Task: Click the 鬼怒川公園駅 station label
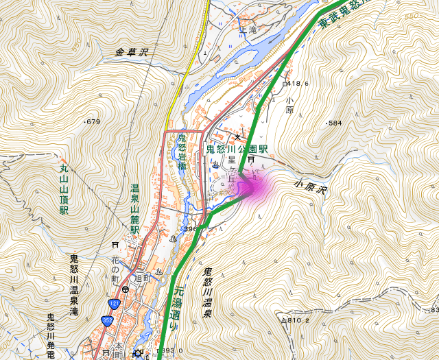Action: click(237, 148)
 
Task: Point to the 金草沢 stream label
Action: click(132, 51)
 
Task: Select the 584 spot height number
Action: click(334, 123)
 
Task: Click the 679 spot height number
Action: click(93, 122)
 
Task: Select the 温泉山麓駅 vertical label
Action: click(135, 209)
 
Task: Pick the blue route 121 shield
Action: click(114, 303)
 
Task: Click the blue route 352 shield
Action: click(108, 320)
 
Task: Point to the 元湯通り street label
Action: click(178, 309)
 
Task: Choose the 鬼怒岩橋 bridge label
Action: click(182, 152)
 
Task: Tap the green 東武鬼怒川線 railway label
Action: click(343, 16)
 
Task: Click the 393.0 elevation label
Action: click(171, 351)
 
